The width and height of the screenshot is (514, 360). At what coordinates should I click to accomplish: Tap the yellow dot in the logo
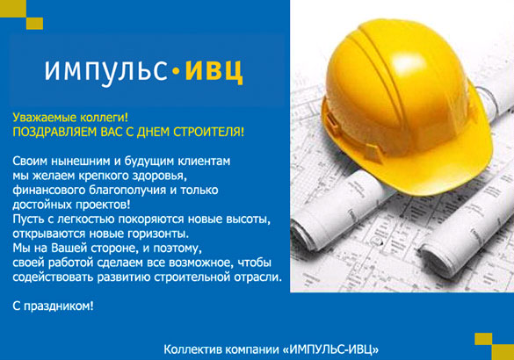click(x=174, y=68)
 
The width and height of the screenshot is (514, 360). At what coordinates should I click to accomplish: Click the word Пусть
click(x=31, y=219)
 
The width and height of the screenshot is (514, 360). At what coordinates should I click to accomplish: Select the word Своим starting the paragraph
click(x=32, y=161)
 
